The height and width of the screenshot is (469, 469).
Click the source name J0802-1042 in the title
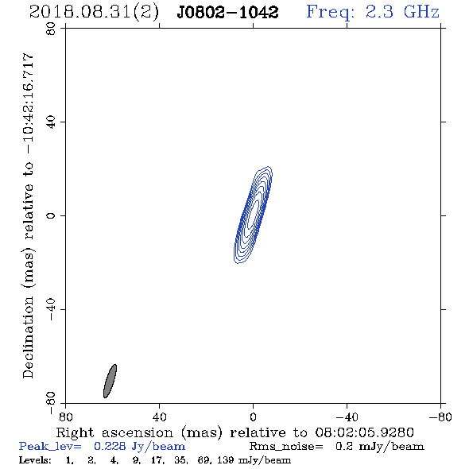(227, 13)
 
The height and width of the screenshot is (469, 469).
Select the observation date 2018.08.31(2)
(94, 13)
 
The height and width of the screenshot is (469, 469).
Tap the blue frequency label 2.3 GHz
(402, 12)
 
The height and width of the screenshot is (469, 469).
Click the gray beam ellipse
(110, 381)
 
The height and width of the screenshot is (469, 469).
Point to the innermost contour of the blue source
(253, 215)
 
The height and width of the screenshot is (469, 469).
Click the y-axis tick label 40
(51, 122)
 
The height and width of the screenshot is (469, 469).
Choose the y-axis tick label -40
(51, 309)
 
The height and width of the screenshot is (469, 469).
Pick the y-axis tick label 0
(51, 215)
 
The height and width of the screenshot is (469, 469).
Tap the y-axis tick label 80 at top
(51, 29)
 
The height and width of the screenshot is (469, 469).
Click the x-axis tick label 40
(159, 417)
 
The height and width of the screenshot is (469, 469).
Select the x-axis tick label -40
(347, 417)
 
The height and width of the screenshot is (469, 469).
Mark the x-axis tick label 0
(253, 417)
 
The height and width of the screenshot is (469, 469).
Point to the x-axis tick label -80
(440, 417)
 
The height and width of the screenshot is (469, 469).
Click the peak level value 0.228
(110, 446)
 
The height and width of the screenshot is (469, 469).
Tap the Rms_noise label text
(286, 447)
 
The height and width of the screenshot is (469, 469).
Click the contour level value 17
(157, 460)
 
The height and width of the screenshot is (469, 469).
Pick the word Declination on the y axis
(28, 337)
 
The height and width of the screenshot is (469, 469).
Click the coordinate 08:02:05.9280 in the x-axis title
(364, 432)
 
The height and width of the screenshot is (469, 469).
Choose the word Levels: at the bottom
(35, 460)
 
